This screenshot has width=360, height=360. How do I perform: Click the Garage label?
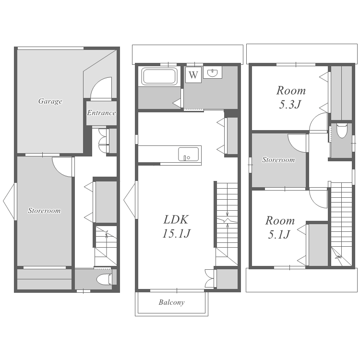pyautogui.click(x=50, y=101)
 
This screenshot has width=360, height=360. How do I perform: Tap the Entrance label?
pyautogui.click(x=101, y=113)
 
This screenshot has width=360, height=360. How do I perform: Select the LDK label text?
pyautogui.click(x=176, y=219)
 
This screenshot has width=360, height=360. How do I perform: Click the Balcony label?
pyautogui.click(x=171, y=302)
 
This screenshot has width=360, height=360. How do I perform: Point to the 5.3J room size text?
pyautogui.click(x=290, y=105)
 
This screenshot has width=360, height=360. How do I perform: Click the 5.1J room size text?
pyautogui.click(x=279, y=234)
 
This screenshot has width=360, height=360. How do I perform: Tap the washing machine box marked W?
pyautogui.click(x=193, y=75)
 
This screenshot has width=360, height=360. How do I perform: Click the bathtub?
pyautogui.click(x=159, y=76)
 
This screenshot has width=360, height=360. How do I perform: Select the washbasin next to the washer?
pyautogui.click(x=213, y=73)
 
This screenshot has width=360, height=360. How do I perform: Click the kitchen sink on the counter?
pyautogui.click(x=189, y=154)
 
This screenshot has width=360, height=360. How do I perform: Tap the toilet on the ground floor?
pyautogui.click(x=104, y=280)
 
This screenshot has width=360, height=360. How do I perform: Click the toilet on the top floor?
pyautogui.click(x=342, y=131)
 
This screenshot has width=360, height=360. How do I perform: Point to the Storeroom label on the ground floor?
pyautogui.click(x=44, y=211)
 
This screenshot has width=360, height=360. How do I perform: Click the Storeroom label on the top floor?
pyautogui.click(x=278, y=160)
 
